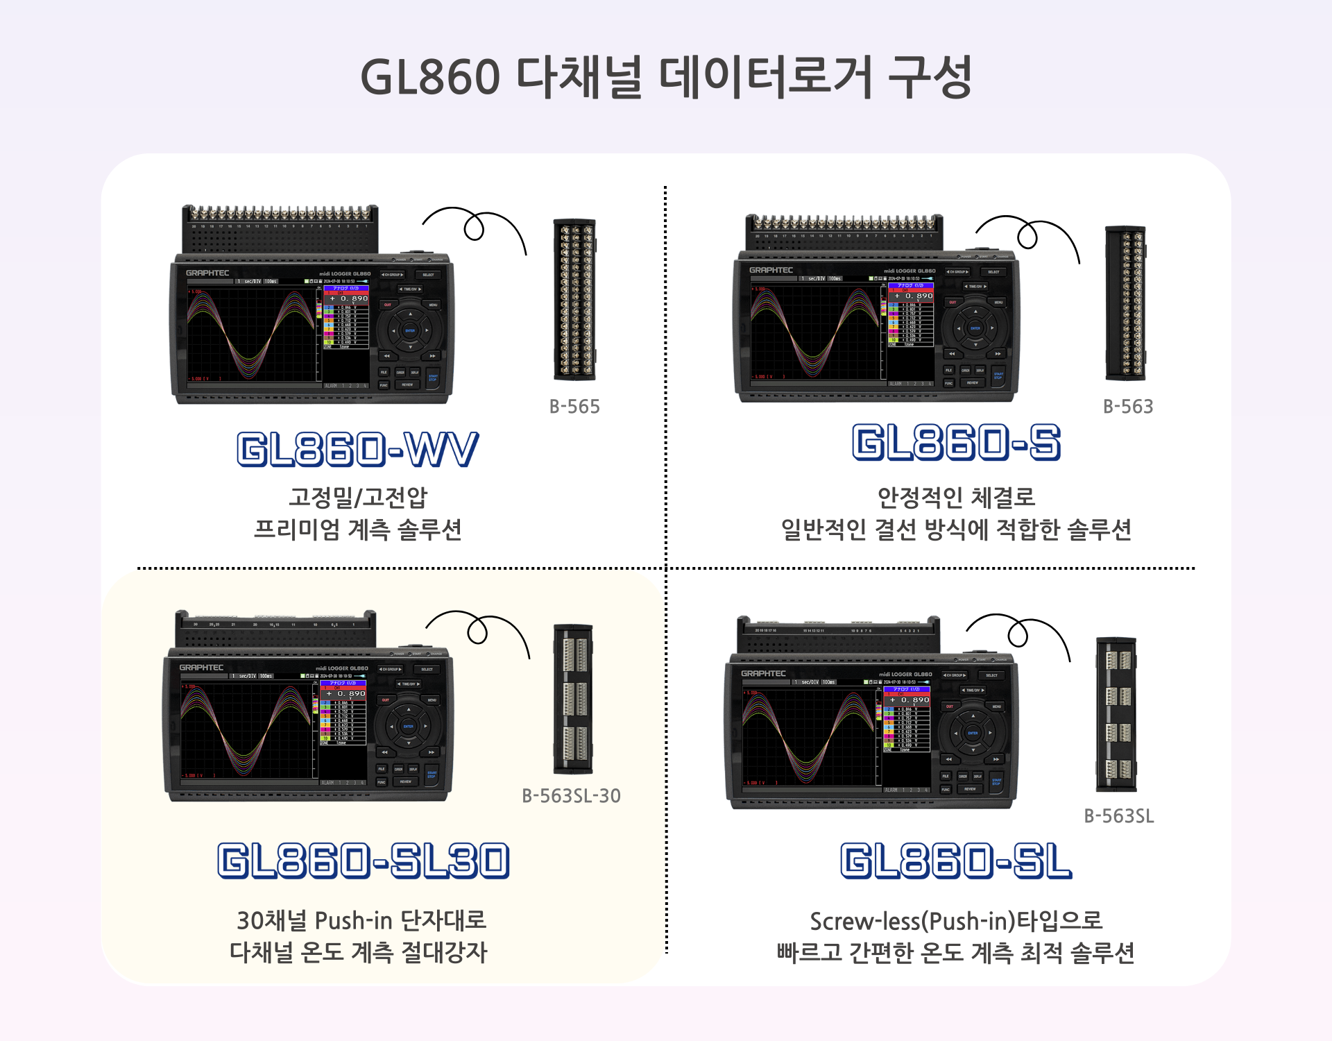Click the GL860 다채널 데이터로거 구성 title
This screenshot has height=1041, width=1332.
[665, 76]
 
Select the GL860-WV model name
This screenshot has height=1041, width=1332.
[357, 449]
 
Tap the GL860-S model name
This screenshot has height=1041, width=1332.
[956, 443]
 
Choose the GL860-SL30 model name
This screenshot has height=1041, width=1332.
[364, 861]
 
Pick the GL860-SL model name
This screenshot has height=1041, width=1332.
[955, 861]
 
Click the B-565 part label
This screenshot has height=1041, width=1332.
[574, 407]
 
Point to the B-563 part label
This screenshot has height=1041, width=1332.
[1128, 407]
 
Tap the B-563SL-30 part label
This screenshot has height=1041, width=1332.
[571, 796]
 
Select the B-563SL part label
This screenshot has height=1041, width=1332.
[1118, 816]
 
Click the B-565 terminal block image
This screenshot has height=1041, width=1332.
[574, 299]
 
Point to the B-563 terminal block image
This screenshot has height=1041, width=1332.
[1125, 303]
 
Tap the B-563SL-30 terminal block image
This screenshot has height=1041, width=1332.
[573, 699]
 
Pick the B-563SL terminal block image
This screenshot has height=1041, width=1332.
[1116, 714]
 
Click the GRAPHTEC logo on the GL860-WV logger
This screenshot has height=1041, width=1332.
[207, 273]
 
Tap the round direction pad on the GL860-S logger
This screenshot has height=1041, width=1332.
[975, 328]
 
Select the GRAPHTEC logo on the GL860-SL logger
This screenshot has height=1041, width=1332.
[763, 674]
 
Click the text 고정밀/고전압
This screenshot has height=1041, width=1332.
[358, 497]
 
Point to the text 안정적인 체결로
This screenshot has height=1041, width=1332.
[956, 497]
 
